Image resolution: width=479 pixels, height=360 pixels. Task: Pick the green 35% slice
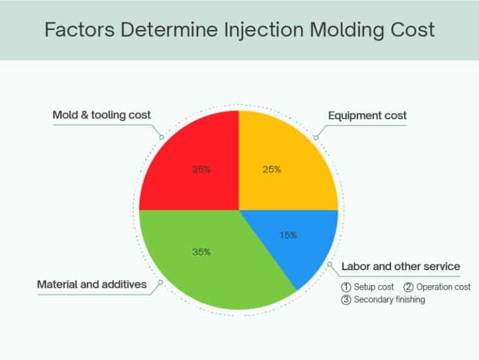pos(206,275)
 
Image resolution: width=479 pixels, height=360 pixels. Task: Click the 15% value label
pos(288,235)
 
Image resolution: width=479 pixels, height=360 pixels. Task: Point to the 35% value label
pos(201,252)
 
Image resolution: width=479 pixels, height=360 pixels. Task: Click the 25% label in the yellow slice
pos(272,169)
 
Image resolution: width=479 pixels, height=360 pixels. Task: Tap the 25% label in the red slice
pos(201,169)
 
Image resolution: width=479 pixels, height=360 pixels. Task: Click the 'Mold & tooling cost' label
pos(102,115)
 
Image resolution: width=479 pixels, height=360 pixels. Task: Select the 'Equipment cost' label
pos(367,115)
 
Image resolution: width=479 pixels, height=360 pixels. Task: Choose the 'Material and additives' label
pos(92,285)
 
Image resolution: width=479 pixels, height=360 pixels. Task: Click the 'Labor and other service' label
pos(400,266)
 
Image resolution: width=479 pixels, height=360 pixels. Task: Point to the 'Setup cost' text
pos(374,287)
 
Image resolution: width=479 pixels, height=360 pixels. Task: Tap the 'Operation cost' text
pos(443,287)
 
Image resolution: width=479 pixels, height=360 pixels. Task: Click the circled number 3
pos(346,299)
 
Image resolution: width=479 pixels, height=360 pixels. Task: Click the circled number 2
pos(409,287)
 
